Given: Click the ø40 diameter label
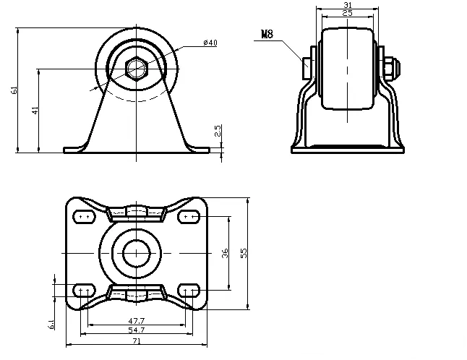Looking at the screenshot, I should tap(210, 43).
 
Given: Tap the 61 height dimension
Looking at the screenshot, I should tap(14, 90).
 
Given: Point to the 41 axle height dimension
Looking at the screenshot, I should tap(35, 110).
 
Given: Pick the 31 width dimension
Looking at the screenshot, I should tap(348, 5).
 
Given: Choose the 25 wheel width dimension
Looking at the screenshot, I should tap(348, 13).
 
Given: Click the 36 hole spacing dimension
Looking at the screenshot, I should tap(226, 253).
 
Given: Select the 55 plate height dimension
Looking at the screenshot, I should tap(244, 253).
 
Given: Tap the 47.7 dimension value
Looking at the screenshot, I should tap(136, 320).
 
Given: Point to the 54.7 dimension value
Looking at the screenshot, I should tap(136, 330).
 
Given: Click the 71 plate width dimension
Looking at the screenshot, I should tap(136, 340).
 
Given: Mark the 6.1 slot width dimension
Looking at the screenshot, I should tap(51, 325).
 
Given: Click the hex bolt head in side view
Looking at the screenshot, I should tap(136, 69).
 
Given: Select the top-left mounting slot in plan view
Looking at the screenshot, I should tap(83, 216).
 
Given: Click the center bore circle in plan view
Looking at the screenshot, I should tap(135, 253).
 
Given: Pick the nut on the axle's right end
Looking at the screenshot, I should tap(391, 67).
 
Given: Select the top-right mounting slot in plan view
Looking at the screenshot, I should tap(189, 216).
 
